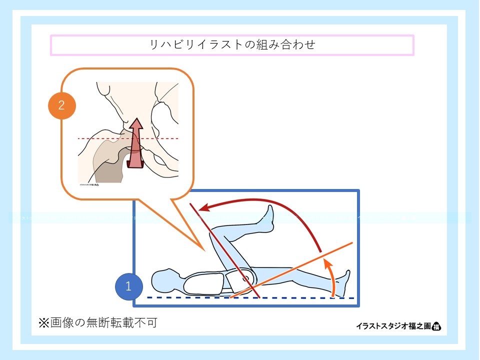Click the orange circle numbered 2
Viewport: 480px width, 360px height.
pyautogui.click(x=61, y=105)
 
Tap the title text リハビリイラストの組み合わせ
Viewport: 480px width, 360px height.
pyautogui.click(x=232, y=44)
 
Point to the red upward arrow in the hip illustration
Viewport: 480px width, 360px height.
pyautogui.click(x=135, y=145)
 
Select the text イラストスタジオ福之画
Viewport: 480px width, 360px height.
pyautogui.click(x=393, y=326)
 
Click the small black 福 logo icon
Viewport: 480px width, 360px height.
pyautogui.click(x=436, y=326)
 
